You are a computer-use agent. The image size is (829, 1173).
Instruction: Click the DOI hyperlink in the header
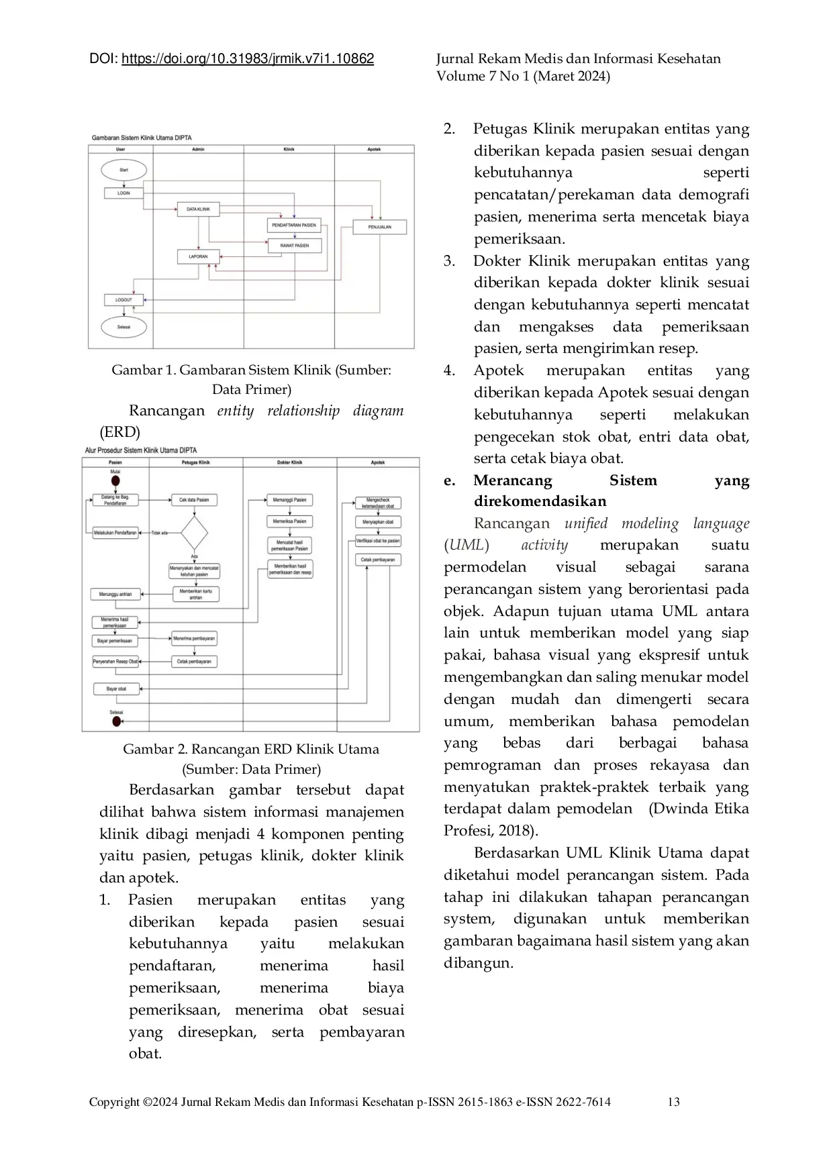tap(248, 59)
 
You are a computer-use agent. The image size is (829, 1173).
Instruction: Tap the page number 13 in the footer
tap(673, 1101)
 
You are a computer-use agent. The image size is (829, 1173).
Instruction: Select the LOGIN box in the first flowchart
tap(124, 193)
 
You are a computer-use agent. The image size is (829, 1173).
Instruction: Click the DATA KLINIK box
tap(198, 209)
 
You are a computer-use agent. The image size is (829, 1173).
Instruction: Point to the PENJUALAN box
tap(380, 227)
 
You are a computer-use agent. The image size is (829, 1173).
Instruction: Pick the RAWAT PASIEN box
tap(295, 246)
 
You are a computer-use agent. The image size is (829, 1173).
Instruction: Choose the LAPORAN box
tap(198, 256)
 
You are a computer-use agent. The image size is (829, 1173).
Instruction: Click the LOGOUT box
tap(124, 299)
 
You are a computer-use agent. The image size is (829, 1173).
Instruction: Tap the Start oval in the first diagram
tap(124, 170)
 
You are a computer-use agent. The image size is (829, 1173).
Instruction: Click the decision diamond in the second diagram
tap(194, 533)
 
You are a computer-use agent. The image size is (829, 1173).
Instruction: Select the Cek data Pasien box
tap(194, 500)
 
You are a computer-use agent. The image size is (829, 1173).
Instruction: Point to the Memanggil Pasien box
tap(290, 500)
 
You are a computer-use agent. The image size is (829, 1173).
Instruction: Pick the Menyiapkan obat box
tap(378, 521)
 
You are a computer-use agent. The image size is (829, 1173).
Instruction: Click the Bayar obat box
tap(116, 688)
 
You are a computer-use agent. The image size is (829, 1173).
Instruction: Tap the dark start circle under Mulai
tap(115, 481)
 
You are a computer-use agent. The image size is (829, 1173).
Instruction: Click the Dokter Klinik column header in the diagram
tap(290, 462)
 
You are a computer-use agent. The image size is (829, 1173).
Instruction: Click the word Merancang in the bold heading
tap(512, 480)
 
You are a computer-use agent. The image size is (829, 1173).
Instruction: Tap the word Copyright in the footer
tap(114, 1101)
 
